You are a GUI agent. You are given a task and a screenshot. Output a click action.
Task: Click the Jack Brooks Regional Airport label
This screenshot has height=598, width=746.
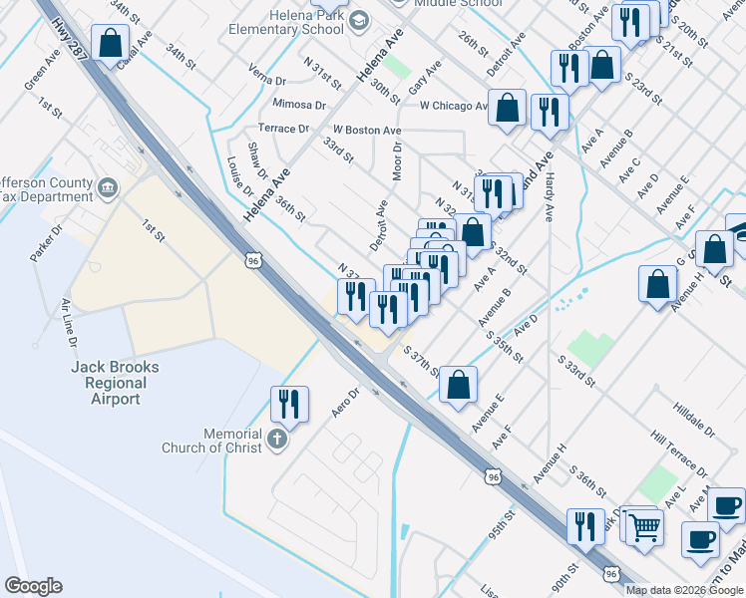115,383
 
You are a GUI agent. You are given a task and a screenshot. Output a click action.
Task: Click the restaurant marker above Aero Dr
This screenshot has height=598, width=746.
287,404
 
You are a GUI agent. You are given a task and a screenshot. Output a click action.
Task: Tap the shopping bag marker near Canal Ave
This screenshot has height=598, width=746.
110,44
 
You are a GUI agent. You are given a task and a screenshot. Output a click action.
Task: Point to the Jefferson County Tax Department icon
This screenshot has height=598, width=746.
108,185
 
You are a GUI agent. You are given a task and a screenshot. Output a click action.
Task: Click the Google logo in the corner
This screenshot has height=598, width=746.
33,586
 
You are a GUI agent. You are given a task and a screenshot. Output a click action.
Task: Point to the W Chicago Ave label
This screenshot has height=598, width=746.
454,106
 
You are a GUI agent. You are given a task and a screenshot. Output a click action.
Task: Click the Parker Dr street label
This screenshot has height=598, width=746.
46,243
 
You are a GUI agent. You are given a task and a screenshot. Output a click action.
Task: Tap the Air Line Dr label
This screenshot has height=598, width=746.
70,322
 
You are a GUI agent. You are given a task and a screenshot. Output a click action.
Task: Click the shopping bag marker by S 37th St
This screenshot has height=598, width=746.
458,385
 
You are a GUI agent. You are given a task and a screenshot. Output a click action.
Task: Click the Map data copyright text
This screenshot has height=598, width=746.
684,590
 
